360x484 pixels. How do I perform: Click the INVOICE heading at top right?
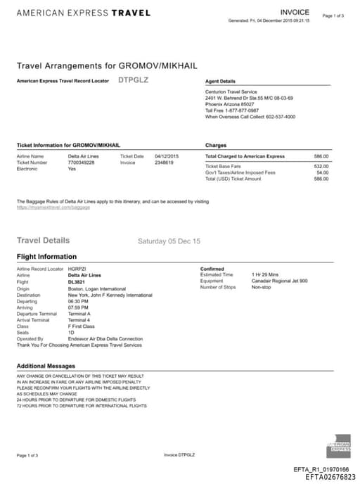(295, 13)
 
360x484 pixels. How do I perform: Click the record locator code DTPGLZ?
(134, 80)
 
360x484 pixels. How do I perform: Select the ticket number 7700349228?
(81, 163)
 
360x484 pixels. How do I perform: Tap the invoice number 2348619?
(164, 163)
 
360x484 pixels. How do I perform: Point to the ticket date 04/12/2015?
(167, 156)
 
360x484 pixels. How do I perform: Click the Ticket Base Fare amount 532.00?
(321, 166)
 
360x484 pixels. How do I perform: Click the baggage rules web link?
(53, 208)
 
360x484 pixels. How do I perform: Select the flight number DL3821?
(76, 281)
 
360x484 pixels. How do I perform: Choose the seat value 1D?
(71, 333)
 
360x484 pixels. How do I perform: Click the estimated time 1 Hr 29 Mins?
(265, 275)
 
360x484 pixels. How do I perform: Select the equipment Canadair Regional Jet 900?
(279, 281)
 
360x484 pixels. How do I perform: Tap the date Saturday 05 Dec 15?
(169, 241)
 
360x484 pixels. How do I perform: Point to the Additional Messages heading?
(46, 367)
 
